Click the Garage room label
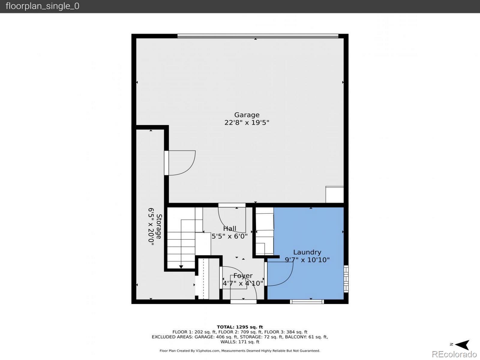pyautogui.click(x=247, y=115)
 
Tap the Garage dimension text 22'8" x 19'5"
pyautogui.click(x=247, y=122)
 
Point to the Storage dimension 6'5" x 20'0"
pyautogui.click(x=151, y=226)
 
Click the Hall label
pyautogui.click(x=229, y=228)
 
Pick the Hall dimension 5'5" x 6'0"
pyautogui.click(x=229, y=236)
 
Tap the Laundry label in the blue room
pyautogui.click(x=307, y=252)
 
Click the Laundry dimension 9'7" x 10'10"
pyautogui.click(x=307, y=260)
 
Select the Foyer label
pyautogui.click(x=243, y=276)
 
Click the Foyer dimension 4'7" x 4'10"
pyautogui.click(x=243, y=283)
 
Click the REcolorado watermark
pyautogui.click(x=454, y=354)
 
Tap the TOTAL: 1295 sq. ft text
pyautogui.click(x=240, y=327)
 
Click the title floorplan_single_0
pyautogui.click(x=42, y=6)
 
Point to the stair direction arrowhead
pyautogui.click(x=181, y=267)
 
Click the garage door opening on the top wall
pyautogui.click(x=258, y=36)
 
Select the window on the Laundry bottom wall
pyautogui.click(x=307, y=302)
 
